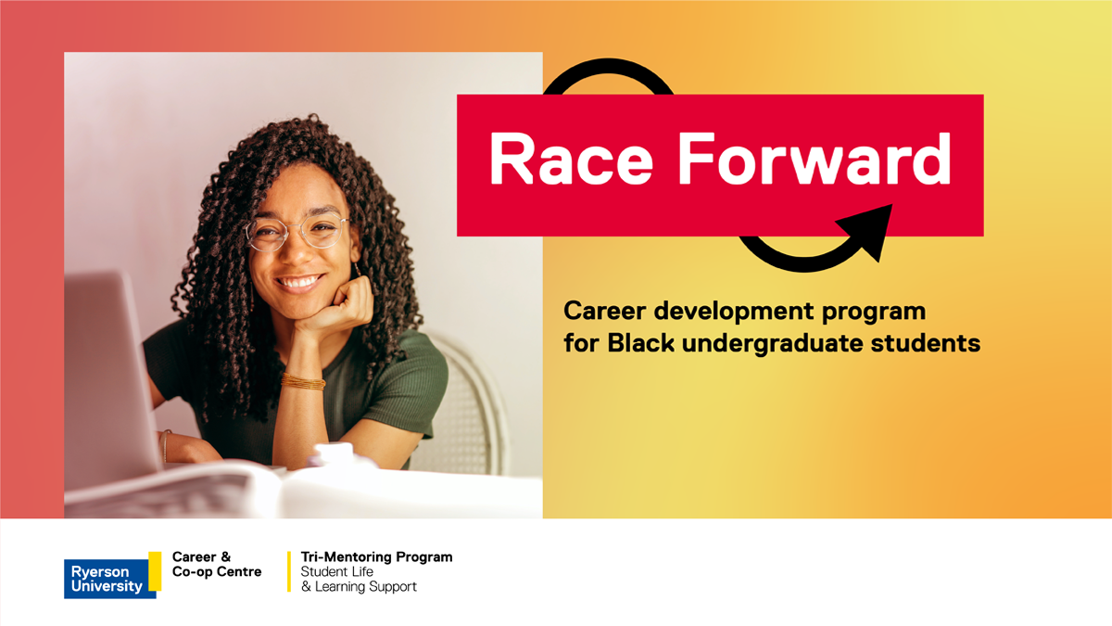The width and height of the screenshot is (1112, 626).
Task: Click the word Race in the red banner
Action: [571, 160]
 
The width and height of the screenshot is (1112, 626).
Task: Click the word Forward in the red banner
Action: [815, 159]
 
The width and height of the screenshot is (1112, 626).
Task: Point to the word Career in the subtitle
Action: [604, 312]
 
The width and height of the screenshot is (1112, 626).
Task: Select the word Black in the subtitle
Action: [641, 343]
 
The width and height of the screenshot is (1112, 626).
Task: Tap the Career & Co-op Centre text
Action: [217, 565]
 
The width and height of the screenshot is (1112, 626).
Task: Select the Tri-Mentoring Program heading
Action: [376, 557]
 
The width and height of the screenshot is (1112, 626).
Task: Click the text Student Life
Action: [336, 572]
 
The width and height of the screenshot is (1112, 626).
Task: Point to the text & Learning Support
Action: [359, 587]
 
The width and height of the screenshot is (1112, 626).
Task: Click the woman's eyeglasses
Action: [297, 232]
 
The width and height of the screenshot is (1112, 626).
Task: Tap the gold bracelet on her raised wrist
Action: [303, 381]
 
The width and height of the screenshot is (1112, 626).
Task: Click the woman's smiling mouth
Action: [298, 283]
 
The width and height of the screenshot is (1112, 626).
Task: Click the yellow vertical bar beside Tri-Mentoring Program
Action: [289, 571]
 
